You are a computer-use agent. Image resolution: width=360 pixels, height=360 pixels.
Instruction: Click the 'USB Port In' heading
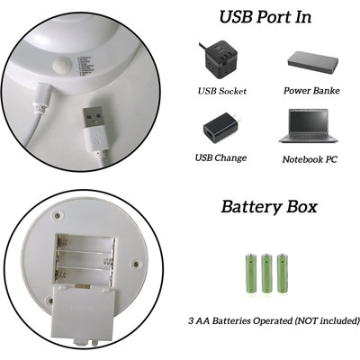click(x=265, y=17)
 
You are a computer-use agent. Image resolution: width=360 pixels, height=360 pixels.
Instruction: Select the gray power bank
click(x=313, y=62)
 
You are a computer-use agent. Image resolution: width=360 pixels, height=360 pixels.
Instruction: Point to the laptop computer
click(x=309, y=126)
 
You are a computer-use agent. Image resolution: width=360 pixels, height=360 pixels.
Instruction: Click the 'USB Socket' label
click(x=222, y=91)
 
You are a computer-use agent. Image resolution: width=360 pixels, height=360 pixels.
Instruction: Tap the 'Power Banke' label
click(x=311, y=91)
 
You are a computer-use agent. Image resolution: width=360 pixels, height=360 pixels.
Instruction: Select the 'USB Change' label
click(x=220, y=157)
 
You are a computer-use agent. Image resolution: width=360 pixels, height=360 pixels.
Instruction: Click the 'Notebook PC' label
click(x=310, y=159)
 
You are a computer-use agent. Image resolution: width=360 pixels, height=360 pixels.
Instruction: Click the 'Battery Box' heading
click(x=269, y=207)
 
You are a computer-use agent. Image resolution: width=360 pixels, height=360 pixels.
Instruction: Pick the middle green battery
click(x=266, y=274)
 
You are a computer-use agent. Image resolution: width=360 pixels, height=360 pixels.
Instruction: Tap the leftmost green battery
click(x=251, y=274)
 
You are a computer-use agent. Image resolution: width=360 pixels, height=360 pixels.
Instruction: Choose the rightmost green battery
click(x=282, y=274)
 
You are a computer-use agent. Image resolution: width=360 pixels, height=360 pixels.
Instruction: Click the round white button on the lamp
click(x=61, y=66)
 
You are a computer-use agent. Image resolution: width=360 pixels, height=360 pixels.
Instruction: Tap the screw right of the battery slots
click(x=136, y=265)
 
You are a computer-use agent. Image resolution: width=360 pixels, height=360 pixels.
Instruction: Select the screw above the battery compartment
click(x=57, y=215)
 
